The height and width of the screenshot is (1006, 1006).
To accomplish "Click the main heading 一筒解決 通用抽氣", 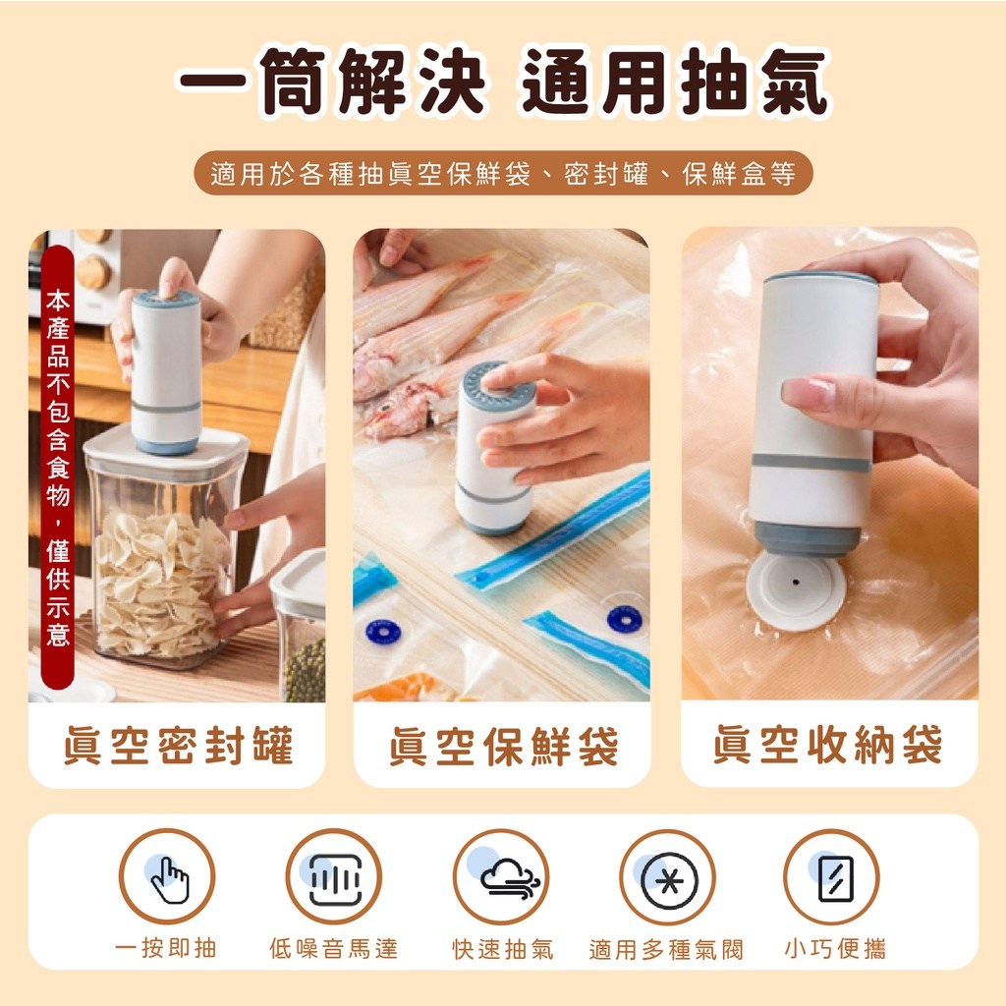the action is pyautogui.click(x=503, y=82).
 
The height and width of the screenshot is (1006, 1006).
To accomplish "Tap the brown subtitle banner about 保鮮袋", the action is pyautogui.click(x=503, y=173).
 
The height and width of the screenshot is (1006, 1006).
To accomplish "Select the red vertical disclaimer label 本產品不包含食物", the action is pyautogui.click(x=58, y=467).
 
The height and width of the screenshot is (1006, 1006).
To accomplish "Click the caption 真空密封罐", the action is pyautogui.click(x=178, y=745).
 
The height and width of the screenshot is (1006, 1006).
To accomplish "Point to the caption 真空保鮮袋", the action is pyautogui.click(x=503, y=746).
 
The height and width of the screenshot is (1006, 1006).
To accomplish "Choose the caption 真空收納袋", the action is pyautogui.click(x=828, y=745).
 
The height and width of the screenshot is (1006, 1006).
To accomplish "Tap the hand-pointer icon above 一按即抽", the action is pyautogui.click(x=167, y=877).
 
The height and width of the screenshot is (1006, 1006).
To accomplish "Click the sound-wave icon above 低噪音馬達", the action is pyautogui.click(x=334, y=877).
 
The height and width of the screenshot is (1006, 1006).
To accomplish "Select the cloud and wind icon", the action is pyautogui.click(x=501, y=877).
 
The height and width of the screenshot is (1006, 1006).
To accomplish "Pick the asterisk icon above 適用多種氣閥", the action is pyautogui.click(x=668, y=877).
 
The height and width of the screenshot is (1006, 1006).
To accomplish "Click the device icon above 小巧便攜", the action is pyautogui.click(x=831, y=877).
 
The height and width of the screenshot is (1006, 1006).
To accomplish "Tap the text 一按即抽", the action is pyautogui.click(x=166, y=948).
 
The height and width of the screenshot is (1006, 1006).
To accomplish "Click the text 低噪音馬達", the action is pyautogui.click(x=334, y=948).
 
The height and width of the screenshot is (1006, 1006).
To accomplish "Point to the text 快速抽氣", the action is pyautogui.click(x=502, y=949).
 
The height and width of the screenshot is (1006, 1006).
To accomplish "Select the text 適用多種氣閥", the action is pyautogui.click(x=666, y=949).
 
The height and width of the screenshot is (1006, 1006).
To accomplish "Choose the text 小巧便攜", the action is pyautogui.click(x=835, y=948).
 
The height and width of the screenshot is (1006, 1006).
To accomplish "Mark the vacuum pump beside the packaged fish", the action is pyautogui.click(x=494, y=448).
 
